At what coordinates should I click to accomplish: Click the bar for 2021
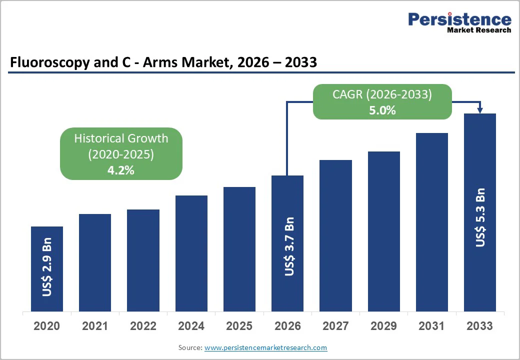tap(95, 262)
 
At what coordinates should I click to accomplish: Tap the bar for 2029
tap(384, 231)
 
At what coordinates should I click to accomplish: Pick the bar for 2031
tap(432, 222)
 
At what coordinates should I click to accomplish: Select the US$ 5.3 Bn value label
tap(480, 217)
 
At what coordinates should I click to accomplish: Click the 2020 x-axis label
tap(47, 326)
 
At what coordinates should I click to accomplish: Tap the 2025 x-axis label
tap(239, 326)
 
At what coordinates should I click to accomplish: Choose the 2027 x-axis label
tap(335, 326)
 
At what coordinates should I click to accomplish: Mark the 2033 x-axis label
tap(480, 326)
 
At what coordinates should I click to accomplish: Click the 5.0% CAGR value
tap(382, 110)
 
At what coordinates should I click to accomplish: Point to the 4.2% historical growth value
tap(121, 170)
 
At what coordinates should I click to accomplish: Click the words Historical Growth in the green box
tap(121, 138)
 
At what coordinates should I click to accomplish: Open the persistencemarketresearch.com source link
tap(265, 347)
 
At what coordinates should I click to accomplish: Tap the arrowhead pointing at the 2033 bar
tap(480, 110)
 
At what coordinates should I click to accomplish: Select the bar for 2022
tap(143, 260)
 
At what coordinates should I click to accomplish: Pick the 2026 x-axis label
tap(287, 326)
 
